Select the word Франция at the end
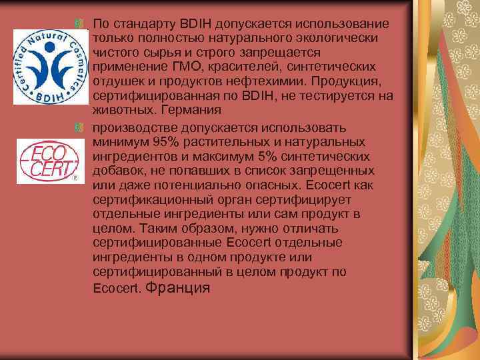point(177,288)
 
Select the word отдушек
point(117,81)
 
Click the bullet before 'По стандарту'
point(81,23)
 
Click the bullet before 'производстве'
point(81,127)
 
